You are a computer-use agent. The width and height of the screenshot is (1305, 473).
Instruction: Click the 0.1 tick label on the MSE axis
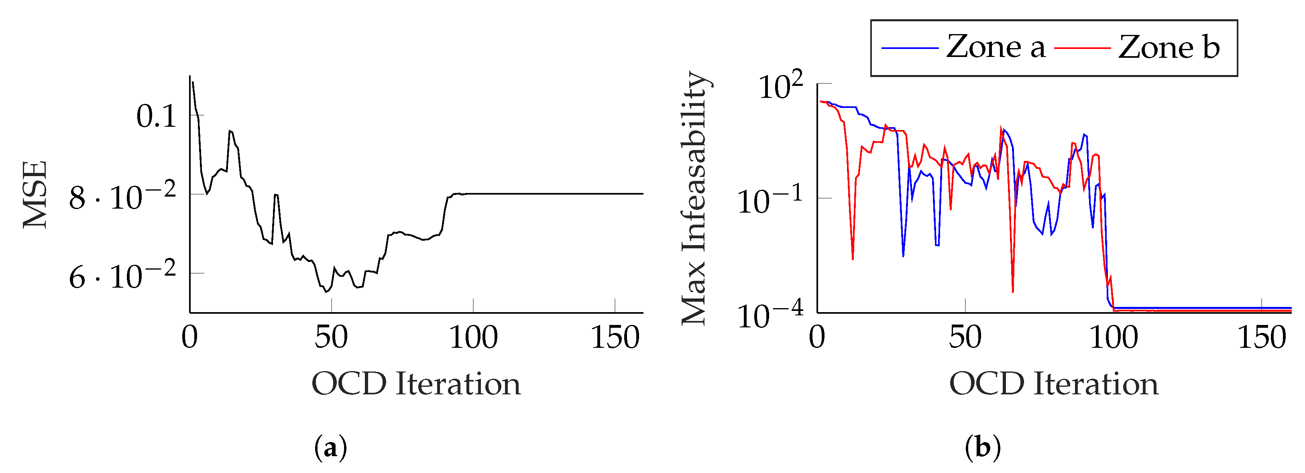click(156, 116)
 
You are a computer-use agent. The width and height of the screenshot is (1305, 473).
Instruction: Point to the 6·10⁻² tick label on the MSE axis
click(122, 276)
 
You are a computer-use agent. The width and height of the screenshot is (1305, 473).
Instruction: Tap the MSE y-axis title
click(35, 195)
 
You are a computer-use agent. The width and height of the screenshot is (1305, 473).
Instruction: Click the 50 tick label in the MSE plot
click(331, 338)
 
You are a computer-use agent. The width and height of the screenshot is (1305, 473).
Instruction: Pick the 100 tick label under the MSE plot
click(473, 338)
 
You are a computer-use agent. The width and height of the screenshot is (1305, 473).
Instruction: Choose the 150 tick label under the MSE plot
click(615, 338)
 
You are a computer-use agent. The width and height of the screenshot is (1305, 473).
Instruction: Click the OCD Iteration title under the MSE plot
click(416, 384)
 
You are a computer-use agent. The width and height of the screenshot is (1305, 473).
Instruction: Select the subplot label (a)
click(331, 448)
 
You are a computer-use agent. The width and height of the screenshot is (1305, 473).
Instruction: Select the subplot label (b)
click(983, 448)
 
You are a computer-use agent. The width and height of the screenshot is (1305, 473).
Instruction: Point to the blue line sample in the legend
click(910, 48)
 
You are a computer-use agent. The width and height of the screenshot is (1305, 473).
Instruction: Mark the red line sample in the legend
click(1083, 48)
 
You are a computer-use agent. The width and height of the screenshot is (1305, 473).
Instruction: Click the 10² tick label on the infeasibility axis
click(781, 86)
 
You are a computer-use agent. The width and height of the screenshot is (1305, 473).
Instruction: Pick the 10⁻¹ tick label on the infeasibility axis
click(770, 200)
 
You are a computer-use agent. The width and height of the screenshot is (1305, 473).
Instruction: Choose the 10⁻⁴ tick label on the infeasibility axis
click(770, 315)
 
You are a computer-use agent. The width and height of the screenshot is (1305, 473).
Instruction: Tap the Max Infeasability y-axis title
click(694, 197)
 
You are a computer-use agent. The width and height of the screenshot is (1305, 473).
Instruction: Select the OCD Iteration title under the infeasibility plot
click(1054, 384)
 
